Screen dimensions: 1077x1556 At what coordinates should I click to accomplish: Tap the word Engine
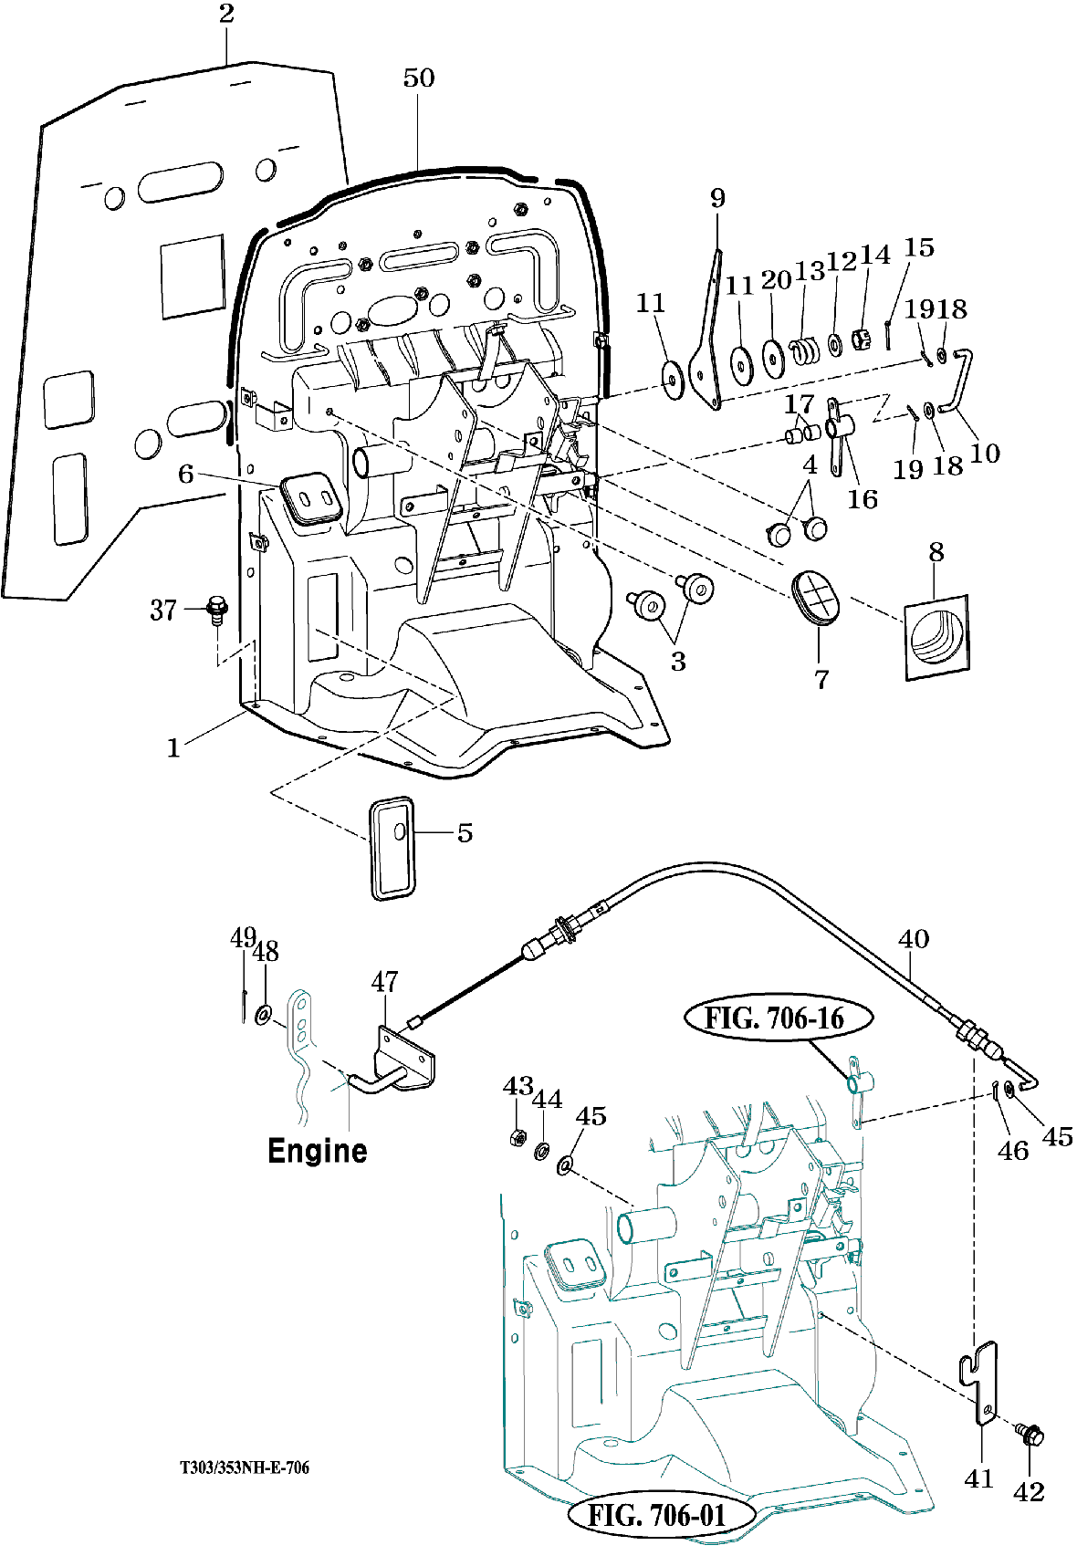pyautogui.click(x=318, y=1151)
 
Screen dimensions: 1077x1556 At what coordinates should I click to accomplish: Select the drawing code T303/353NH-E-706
pyautogui.click(x=245, y=1467)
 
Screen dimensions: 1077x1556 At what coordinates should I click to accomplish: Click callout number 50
pyautogui.click(x=419, y=78)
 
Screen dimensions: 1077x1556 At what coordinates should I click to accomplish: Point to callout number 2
pyautogui.click(x=226, y=13)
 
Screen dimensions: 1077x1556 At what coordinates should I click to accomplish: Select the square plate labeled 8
pyautogui.click(x=936, y=637)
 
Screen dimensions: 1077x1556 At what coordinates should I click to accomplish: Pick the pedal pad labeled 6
pyautogui.click(x=312, y=496)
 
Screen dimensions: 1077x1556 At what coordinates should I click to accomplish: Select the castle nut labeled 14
pyautogui.click(x=862, y=340)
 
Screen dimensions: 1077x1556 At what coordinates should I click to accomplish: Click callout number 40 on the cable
pyautogui.click(x=914, y=939)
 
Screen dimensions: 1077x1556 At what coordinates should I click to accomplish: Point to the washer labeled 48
pyautogui.click(x=264, y=1015)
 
